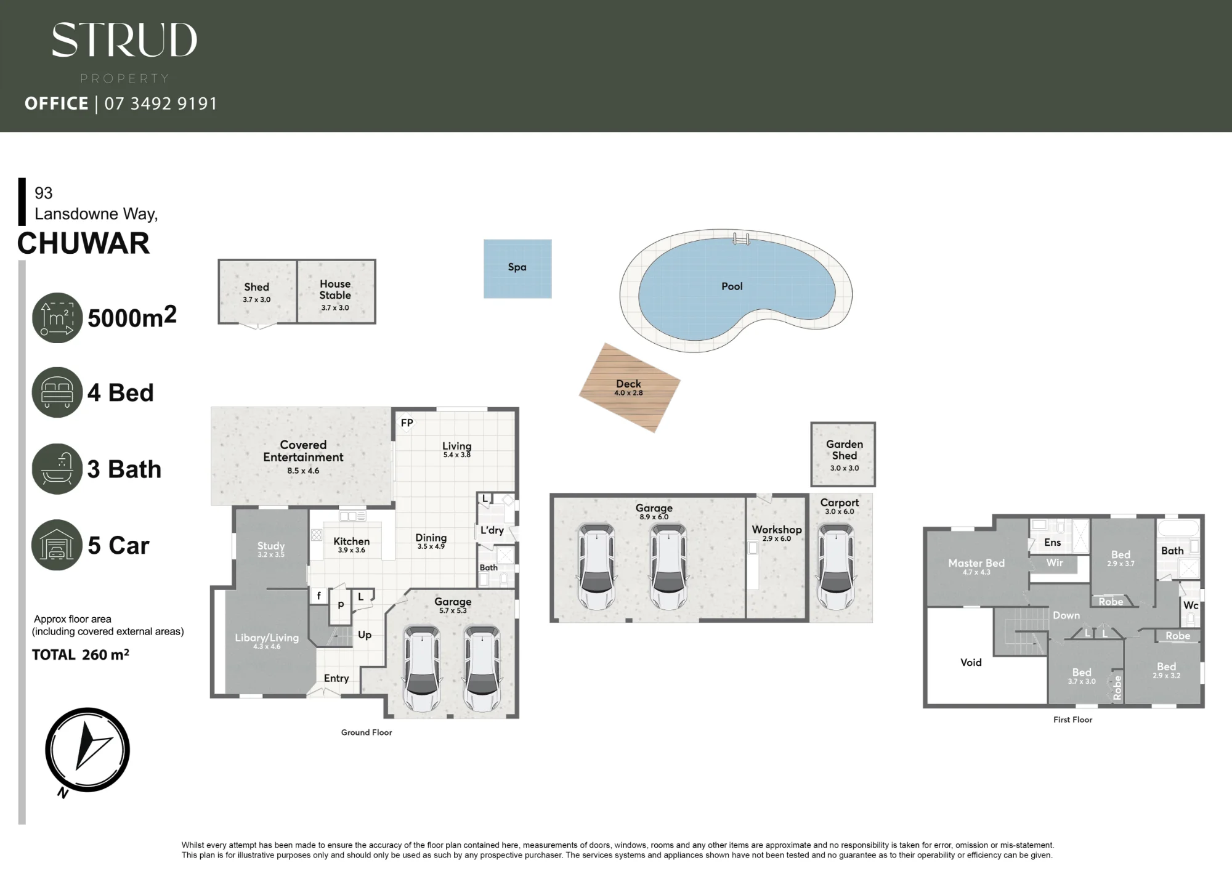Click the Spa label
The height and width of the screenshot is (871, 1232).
click(517, 267)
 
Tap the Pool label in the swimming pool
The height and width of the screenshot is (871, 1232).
click(732, 286)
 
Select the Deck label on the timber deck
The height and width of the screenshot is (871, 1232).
click(628, 384)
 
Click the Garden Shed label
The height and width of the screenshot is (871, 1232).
click(845, 450)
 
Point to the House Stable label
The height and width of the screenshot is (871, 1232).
click(335, 290)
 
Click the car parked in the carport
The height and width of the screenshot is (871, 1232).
click(836, 567)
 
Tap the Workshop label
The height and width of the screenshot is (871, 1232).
click(777, 530)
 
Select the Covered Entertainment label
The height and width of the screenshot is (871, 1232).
click(303, 451)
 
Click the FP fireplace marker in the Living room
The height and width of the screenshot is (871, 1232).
click(407, 423)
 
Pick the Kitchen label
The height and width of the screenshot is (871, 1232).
click(351, 541)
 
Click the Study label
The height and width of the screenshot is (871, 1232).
click(271, 546)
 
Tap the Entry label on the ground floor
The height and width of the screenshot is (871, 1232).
click(336, 678)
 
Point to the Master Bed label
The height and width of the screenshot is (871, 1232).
click(976, 563)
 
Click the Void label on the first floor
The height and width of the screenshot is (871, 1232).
click(971, 663)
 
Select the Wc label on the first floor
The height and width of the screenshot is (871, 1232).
click(1191, 606)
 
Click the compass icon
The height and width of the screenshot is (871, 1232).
click(87, 750)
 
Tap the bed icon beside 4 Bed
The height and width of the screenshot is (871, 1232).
click(57, 392)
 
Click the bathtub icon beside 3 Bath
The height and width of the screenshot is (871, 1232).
click(57, 469)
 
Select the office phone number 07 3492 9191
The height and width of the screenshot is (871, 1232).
click(161, 103)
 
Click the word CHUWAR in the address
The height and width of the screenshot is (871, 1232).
click(83, 243)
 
